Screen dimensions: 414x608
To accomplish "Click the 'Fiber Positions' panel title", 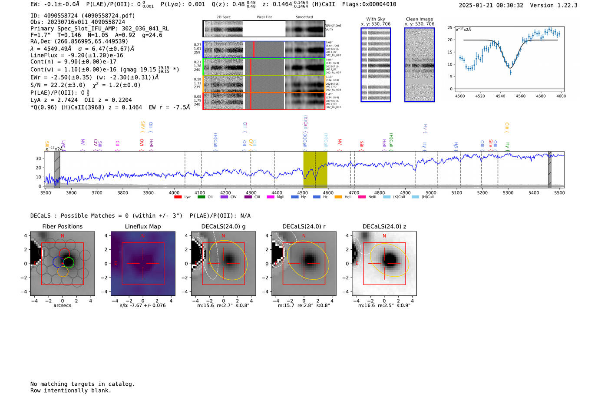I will click(x=62, y=226).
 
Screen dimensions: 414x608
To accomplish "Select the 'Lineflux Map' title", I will click(x=142, y=226).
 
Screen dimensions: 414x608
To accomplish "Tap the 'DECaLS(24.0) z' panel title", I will click(x=384, y=226).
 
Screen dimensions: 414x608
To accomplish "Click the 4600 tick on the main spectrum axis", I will click(x=328, y=193).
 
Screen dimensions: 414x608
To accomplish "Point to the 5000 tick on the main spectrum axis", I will click(x=431, y=193).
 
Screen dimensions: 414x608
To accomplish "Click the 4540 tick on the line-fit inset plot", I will click(x=500, y=96).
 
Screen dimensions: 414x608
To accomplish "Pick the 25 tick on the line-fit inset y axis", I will click(x=450, y=27).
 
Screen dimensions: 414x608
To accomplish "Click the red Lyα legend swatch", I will click(x=178, y=197).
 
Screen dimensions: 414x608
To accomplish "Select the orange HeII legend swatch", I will click(x=339, y=197).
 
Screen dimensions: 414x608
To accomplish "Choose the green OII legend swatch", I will click(x=201, y=197).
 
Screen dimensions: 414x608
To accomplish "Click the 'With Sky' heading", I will click(x=376, y=19).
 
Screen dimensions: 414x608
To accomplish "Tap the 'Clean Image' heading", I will click(x=419, y=19).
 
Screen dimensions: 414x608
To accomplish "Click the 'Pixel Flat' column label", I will click(x=264, y=17).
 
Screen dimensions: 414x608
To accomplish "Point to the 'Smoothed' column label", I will click(x=304, y=17).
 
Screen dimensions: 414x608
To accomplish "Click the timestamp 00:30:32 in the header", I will click(x=509, y=5).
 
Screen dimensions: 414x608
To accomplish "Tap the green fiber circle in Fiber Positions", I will click(x=69, y=262).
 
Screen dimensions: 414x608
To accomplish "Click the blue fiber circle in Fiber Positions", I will click(x=58, y=262).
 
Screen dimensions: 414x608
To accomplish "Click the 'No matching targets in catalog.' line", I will click(x=83, y=384).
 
